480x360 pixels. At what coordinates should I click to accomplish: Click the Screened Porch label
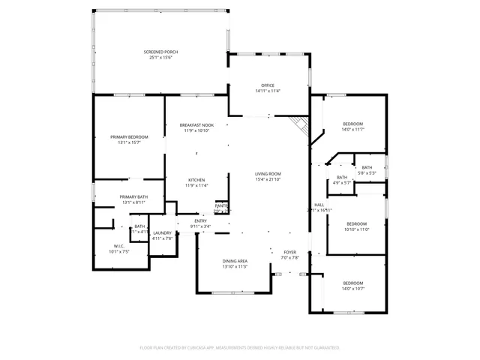[160, 52]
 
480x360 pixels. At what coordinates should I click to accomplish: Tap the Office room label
[267, 85]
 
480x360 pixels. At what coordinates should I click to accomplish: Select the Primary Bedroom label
[129, 136]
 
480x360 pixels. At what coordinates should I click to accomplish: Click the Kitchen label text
[196, 180]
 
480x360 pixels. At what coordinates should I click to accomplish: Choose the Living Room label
[267, 173]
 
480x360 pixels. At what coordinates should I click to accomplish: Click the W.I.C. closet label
[118, 245]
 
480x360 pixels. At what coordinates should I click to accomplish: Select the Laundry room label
[163, 232]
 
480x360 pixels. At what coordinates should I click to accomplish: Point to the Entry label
[200, 220]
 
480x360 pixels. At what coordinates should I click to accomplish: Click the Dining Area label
[235, 261]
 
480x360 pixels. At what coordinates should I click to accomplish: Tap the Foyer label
[290, 253]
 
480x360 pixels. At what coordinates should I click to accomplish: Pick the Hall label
[319, 205]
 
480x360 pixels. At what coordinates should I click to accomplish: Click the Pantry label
[221, 205]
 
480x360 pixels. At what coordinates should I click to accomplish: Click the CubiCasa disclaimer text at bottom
[240, 347]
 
